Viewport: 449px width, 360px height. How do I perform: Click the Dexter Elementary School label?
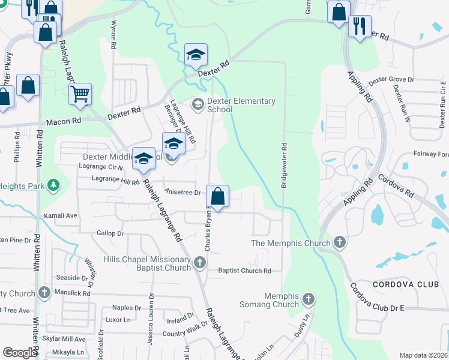[241, 106]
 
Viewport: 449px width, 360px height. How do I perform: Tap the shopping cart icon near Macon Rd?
[80, 94]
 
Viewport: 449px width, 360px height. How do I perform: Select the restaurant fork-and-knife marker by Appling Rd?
[360, 26]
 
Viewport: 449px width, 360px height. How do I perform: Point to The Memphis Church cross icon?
[339, 243]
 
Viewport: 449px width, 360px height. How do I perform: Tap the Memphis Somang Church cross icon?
[309, 299]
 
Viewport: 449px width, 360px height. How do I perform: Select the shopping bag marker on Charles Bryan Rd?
[217, 196]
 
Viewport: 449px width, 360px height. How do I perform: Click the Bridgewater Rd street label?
[283, 166]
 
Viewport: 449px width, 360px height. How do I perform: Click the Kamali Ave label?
[60, 215]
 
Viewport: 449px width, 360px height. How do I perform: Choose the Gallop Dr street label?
[110, 233]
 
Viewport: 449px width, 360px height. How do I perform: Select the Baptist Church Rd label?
[244, 271]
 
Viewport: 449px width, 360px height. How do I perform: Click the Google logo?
[20, 353]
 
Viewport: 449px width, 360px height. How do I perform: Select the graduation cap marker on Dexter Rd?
[196, 56]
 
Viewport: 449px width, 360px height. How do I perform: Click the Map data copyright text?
[423, 355]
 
